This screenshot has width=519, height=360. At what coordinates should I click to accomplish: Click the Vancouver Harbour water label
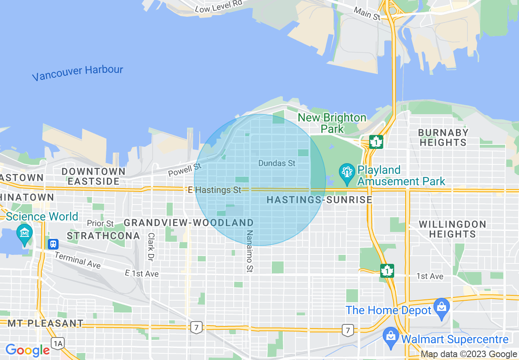point(77,73)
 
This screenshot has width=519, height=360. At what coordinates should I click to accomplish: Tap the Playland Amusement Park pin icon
point(347,173)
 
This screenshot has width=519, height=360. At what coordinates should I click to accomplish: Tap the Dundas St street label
point(277,163)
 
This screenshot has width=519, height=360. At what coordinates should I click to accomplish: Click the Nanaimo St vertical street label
point(249,251)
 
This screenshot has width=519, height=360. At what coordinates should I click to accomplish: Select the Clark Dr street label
point(151,247)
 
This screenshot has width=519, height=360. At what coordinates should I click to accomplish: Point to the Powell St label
point(185,170)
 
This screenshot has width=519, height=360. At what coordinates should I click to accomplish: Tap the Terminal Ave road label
point(77,260)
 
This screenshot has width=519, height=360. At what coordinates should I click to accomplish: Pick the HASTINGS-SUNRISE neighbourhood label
point(319,200)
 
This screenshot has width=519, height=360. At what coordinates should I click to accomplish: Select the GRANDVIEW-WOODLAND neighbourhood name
point(189,223)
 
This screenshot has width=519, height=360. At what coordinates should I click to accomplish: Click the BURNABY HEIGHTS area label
point(443,137)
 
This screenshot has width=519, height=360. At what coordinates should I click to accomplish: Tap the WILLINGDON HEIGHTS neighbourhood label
point(452,229)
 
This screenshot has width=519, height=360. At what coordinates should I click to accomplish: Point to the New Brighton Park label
point(332,123)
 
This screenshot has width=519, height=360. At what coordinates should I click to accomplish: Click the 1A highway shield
point(57,343)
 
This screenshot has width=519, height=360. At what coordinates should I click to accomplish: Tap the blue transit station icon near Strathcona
point(53,244)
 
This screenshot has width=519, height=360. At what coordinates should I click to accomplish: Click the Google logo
point(27,350)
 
